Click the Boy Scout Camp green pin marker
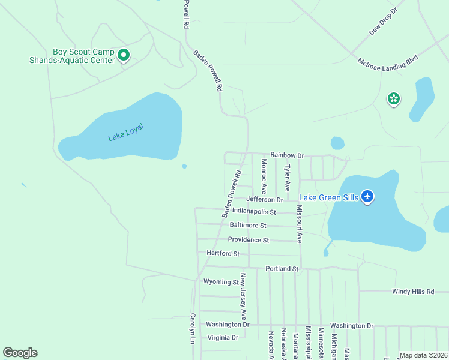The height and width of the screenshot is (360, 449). pyautogui.click(x=124, y=56)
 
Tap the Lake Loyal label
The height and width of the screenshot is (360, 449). pyautogui.click(x=126, y=132)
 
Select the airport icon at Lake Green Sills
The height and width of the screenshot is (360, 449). pyautogui.click(x=367, y=197)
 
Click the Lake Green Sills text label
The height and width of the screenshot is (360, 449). pyautogui.click(x=329, y=197)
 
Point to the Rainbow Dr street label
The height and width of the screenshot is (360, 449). pyautogui.click(x=287, y=155)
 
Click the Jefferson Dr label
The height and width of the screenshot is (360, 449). pyautogui.click(x=264, y=199)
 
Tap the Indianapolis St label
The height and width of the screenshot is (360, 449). pyautogui.click(x=254, y=212)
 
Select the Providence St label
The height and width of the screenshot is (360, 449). pyautogui.click(x=248, y=240)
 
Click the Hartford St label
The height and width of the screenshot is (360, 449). pyautogui.click(x=223, y=254)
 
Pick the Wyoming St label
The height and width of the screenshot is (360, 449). pyautogui.click(x=221, y=281)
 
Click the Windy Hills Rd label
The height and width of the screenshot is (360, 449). pyautogui.click(x=413, y=292)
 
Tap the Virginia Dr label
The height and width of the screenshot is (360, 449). pyautogui.click(x=223, y=337)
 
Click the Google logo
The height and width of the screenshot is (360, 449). pyautogui.click(x=20, y=353)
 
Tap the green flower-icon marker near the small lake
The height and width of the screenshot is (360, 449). pyautogui.click(x=394, y=99)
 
